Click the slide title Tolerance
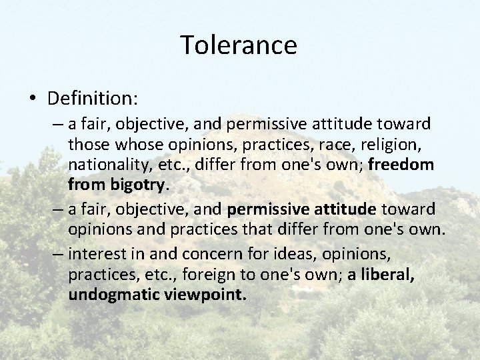pos(239,45)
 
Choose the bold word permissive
pos(267,210)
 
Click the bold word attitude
pos(347,210)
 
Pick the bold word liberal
pos(387,275)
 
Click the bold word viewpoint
pos(205,295)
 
